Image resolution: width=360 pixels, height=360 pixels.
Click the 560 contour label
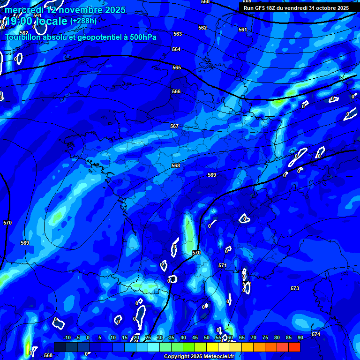pos(205,2)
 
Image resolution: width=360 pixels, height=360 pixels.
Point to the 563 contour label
pos(178,34)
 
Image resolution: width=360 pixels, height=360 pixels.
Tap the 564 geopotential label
pos(176,49)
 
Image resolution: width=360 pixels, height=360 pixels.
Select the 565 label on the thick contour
pos(177,68)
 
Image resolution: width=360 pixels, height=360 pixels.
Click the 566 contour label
pos(176,91)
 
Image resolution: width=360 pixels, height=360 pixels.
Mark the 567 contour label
pos(174,127)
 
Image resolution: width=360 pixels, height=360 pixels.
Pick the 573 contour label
pos(294,288)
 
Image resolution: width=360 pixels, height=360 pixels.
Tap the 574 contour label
pos(316,334)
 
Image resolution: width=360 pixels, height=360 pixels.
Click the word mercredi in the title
pos(23,10)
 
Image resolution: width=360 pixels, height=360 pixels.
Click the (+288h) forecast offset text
pos(83,21)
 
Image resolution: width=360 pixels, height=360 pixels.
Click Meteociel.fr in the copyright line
pos(216,356)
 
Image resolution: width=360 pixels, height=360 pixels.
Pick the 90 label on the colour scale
pos(300,338)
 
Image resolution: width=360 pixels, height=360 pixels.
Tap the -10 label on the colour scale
pos(66,338)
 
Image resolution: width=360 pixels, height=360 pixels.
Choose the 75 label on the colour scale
pos(265,338)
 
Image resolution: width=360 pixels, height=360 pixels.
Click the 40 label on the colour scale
pos(183,338)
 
